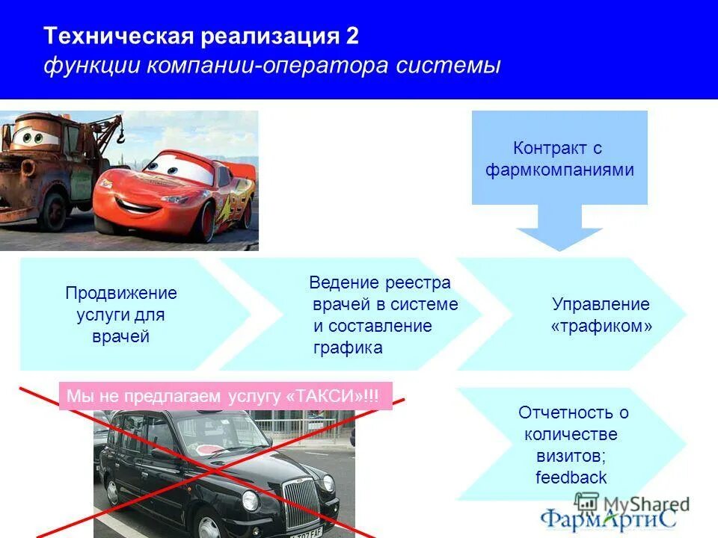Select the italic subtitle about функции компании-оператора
(x=271, y=66)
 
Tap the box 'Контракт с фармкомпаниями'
(x=559, y=158)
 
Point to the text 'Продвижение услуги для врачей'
(x=120, y=315)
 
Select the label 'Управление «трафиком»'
(x=601, y=315)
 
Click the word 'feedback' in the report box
(x=571, y=477)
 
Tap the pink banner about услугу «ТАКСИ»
(x=224, y=396)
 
